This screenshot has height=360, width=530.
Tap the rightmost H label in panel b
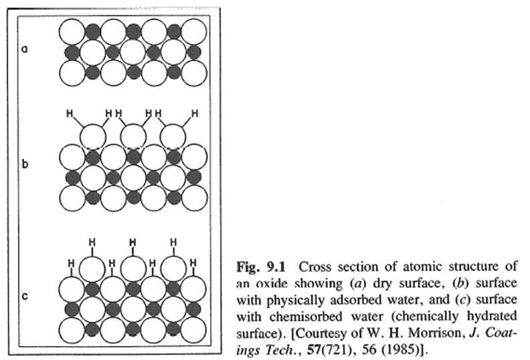[194, 114]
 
